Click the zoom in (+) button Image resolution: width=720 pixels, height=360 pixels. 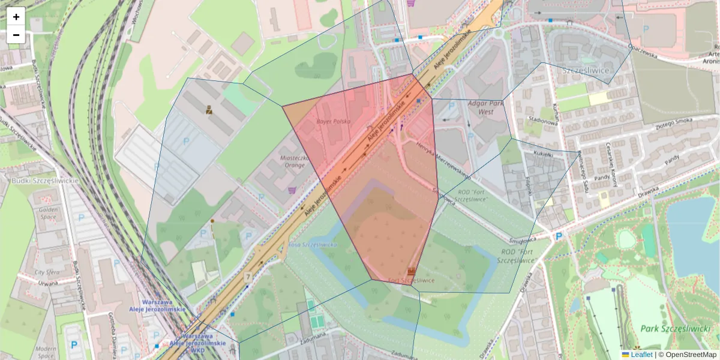tap(16, 17)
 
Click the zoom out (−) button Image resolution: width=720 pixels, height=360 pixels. tap(16, 35)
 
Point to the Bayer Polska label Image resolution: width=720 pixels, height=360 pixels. tap(333, 121)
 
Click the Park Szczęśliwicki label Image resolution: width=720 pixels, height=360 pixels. tap(674, 328)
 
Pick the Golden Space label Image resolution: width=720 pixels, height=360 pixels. tap(49, 214)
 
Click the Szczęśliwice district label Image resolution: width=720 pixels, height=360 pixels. tap(585, 70)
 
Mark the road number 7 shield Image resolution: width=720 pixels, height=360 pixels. tap(248, 277)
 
